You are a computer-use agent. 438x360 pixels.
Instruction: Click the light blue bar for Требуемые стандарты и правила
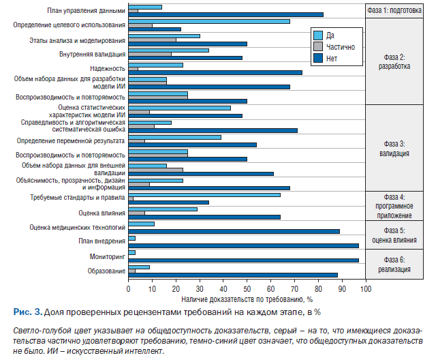(x=204, y=194)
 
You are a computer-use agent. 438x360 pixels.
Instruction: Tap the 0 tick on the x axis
(x=128, y=288)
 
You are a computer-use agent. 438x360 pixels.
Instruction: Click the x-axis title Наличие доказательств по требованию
(x=247, y=299)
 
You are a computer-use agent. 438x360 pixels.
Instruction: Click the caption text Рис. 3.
(x=27, y=312)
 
